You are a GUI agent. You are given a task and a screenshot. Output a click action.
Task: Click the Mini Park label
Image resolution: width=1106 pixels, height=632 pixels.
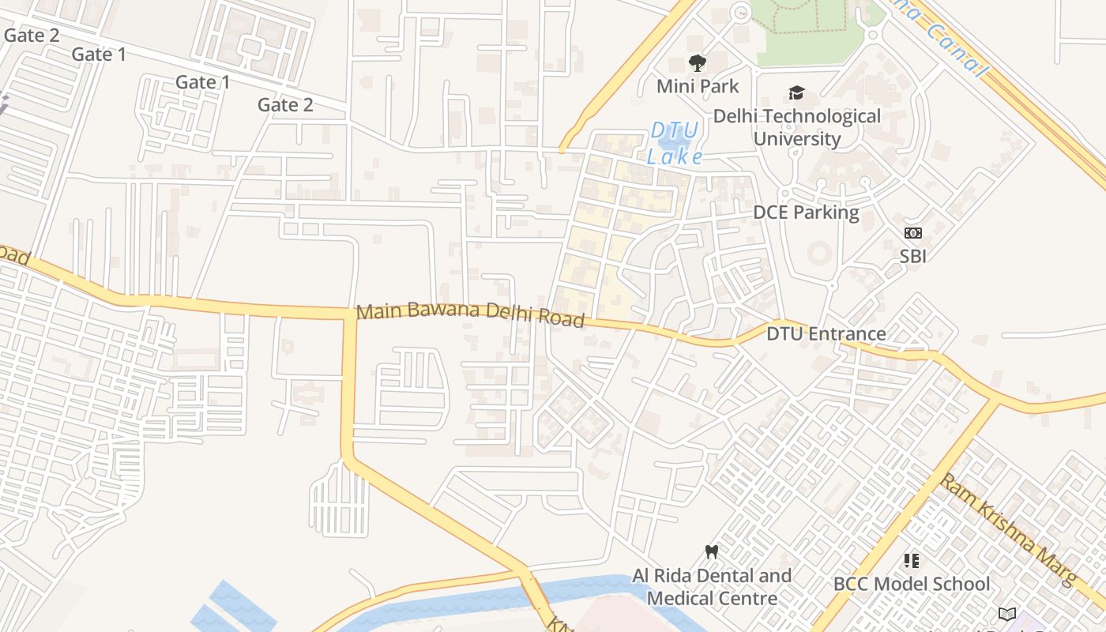click(698, 85)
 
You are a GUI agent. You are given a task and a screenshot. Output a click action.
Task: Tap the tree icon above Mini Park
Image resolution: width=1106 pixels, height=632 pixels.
click(697, 62)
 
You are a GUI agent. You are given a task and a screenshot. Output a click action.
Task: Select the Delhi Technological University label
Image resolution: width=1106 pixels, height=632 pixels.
click(796, 127)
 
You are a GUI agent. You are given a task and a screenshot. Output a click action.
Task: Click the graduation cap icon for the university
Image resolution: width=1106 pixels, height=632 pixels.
click(796, 93)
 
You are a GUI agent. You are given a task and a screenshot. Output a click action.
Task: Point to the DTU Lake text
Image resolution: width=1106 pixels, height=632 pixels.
click(674, 143)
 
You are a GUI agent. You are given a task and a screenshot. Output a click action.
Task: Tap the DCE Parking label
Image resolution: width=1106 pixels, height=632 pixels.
click(806, 212)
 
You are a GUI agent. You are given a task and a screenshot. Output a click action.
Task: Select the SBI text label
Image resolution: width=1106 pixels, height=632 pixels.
click(912, 256)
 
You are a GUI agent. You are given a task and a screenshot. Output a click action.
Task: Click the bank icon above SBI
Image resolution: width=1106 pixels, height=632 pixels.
click(912, 233)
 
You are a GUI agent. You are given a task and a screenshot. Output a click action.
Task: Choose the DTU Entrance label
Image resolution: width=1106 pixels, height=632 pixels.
click(826, 333)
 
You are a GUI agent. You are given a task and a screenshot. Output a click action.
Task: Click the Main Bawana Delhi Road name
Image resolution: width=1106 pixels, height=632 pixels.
click(470, 314)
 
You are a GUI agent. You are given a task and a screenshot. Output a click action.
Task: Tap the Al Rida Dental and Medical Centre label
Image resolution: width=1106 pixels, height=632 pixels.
click(711, 587)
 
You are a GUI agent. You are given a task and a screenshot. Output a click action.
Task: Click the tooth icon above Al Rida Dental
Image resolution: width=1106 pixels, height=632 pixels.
click(711, 551)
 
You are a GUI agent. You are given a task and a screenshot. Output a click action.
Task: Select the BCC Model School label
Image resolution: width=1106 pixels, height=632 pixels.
click(912, 584)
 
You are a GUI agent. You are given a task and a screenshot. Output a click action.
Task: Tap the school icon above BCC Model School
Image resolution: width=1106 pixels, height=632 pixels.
click(912, 561)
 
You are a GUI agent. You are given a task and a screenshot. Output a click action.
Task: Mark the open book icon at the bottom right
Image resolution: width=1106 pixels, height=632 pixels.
click(1006, 614)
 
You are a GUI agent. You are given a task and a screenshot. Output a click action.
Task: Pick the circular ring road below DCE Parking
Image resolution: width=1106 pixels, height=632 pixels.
click(818, 254)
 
